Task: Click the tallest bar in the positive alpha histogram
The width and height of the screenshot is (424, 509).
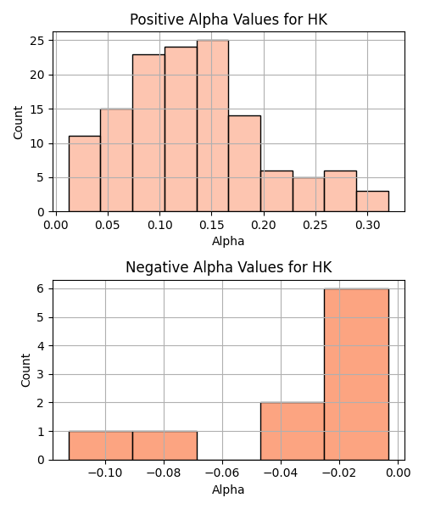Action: (x=213, y=126)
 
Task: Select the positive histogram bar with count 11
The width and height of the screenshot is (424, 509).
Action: (x=84, y=174)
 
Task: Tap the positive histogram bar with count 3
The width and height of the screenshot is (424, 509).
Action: (x=372, y=201)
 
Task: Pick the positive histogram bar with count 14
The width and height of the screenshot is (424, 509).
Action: (x=244, y=164)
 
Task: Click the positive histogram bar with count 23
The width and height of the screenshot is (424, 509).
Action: (x=148, y=133)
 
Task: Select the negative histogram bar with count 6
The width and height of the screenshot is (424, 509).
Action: (x=356, y=374)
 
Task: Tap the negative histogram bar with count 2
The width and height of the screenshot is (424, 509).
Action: (x=293, y=432)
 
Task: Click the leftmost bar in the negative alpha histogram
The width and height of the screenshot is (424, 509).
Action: (x=101, y=445)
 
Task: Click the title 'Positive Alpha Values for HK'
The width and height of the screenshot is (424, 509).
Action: (x=228, y=20)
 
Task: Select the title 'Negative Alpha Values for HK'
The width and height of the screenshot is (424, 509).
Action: (x=228, y=267)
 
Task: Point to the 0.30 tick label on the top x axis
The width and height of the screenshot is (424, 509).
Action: (x=367, y=225)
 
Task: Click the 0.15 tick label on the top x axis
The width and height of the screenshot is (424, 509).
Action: (x=211, y=225)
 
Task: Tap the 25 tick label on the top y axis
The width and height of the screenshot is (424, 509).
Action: (x=37, y=41)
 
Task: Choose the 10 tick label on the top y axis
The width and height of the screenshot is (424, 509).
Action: (x=37, y=143)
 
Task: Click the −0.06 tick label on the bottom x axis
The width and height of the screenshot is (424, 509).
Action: (x=222, y=473)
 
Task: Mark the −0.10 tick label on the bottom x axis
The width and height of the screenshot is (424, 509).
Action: (x=105, y=473)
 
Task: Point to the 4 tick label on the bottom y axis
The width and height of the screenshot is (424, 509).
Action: (x=41, y=346)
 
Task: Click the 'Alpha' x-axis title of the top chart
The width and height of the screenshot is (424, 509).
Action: (x=228, y=241)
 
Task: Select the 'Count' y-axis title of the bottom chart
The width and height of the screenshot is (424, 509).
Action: (x=25, y=370)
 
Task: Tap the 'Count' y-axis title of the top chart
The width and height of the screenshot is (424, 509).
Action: (x=18, y=122)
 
